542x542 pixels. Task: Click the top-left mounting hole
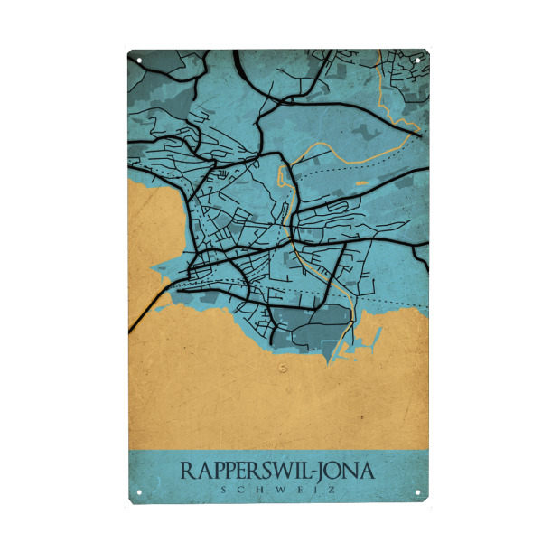click(140, 61)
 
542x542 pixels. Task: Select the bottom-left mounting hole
click(140, 492)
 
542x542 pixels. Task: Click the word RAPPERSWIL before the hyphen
click(244, 472)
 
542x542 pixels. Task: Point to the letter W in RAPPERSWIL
click(282, 472)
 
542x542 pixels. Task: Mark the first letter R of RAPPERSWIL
click(187, 472)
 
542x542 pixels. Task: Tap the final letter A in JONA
click(365, 472)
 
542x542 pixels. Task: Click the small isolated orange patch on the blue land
click(362, 184)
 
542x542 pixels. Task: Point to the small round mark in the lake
click(283, 368)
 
